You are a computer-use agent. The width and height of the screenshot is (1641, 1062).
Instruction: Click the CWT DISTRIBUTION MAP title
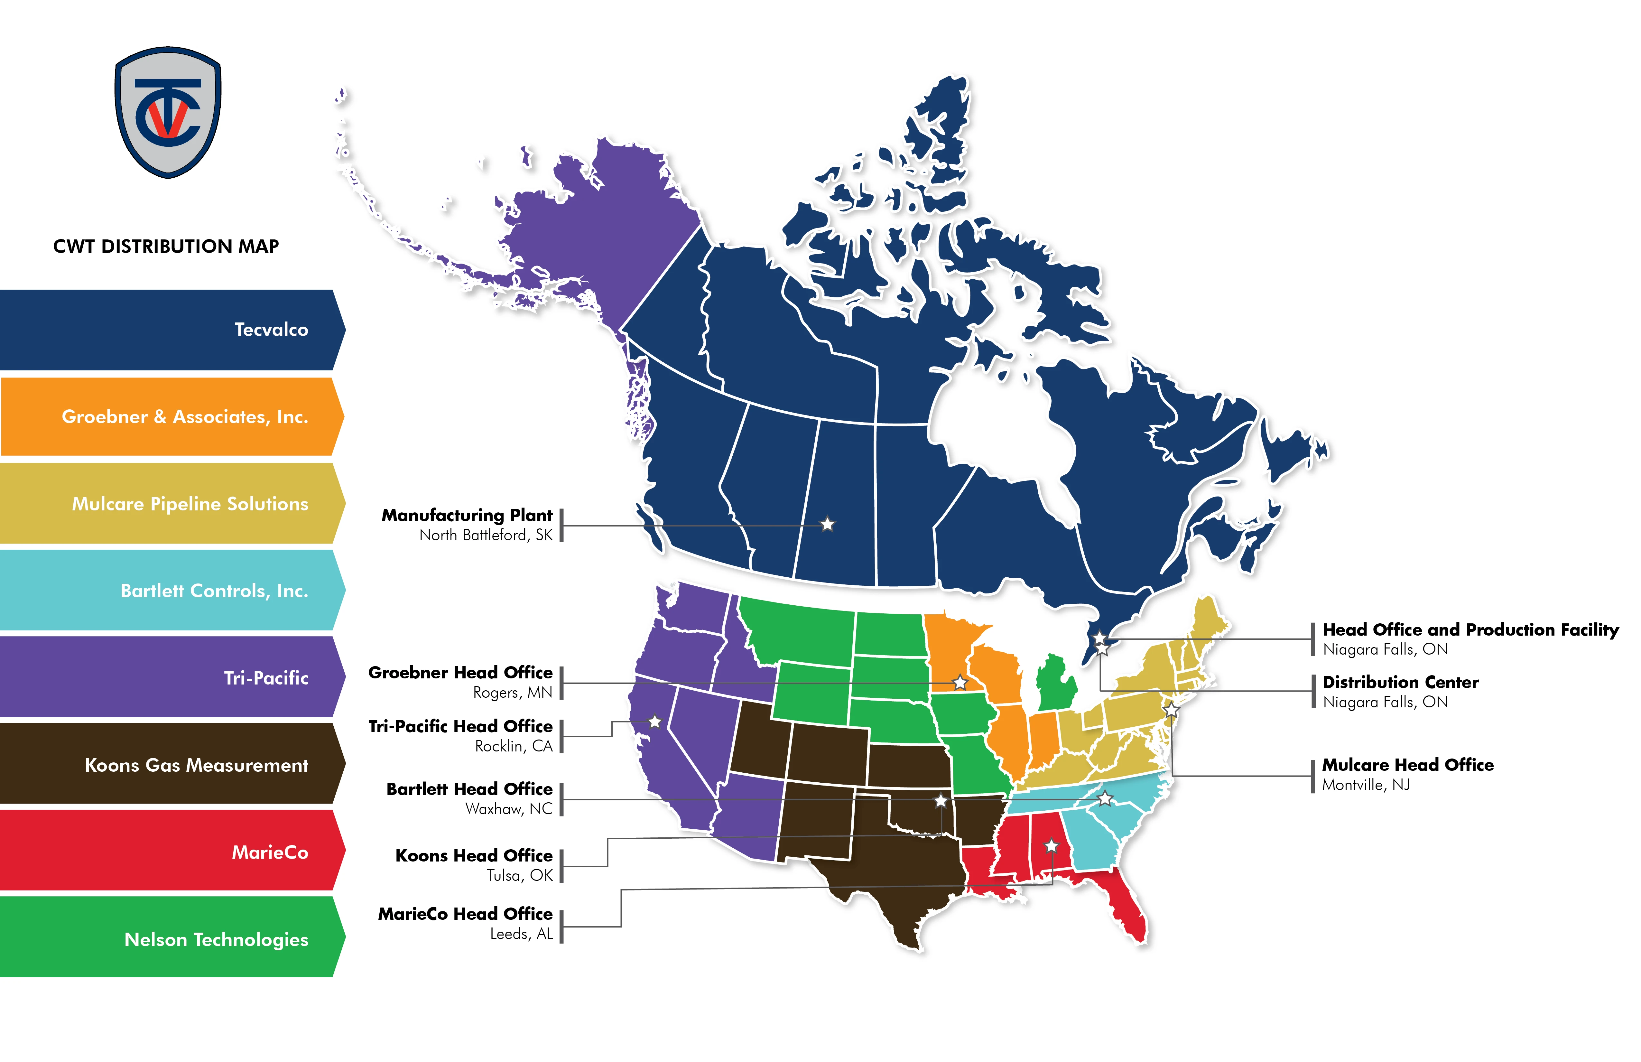pos(166,246)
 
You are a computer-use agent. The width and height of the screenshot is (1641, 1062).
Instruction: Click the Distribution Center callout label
pos(1400,682)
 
